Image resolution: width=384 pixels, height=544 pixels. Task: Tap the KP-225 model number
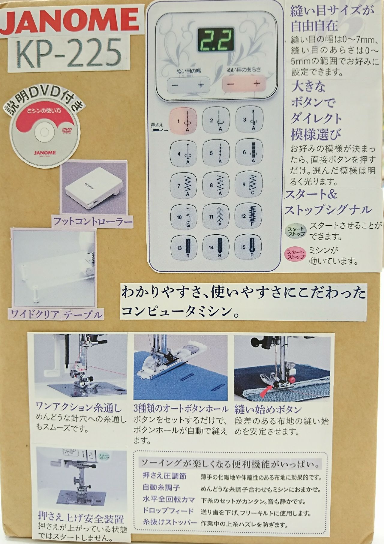coord(69,50)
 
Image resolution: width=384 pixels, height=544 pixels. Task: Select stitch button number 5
coord(216,153)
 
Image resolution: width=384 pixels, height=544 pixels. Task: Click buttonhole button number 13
coord(183,248)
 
